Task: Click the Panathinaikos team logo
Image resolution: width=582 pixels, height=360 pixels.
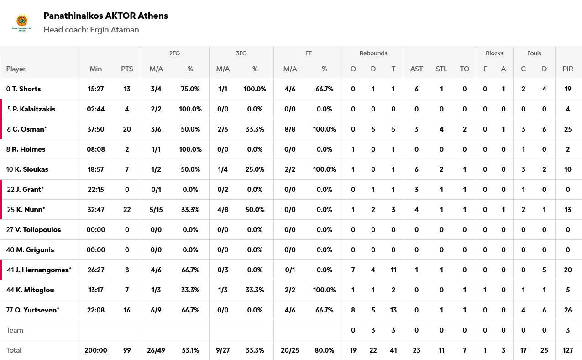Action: (21, 22)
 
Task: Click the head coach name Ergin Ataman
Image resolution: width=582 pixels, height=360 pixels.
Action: (114, 30)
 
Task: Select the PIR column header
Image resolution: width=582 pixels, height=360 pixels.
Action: (568, 69)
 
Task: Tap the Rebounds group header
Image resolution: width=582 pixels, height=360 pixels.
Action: (373, 53)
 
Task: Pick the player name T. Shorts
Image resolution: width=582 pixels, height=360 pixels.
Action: (26, 89)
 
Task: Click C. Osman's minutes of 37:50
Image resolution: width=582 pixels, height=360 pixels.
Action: (96, 129)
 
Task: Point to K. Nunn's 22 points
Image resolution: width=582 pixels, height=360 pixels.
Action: (127, 210)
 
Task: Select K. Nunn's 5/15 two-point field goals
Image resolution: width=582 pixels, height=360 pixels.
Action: (156, 210)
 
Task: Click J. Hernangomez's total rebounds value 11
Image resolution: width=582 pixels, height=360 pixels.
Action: (393, 270)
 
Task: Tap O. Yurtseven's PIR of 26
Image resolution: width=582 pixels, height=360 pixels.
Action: (568, 310)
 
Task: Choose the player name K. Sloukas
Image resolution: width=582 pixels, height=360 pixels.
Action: (31, 169)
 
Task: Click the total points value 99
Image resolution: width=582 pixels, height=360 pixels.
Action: (127, 350)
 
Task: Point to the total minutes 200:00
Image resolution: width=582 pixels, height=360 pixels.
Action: (96, 350)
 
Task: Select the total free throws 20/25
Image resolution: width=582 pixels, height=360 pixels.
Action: (290, 350)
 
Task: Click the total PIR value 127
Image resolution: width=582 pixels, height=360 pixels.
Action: (568, 350)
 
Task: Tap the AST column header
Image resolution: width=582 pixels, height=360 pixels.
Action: (416, 69)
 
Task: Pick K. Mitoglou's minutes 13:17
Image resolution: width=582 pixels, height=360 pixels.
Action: (96, 290)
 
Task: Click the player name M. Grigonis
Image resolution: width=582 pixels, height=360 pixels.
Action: (35, 250)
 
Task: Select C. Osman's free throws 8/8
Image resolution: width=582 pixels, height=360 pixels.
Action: (290, 129)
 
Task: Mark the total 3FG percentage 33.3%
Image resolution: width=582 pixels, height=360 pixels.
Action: (255, 350)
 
